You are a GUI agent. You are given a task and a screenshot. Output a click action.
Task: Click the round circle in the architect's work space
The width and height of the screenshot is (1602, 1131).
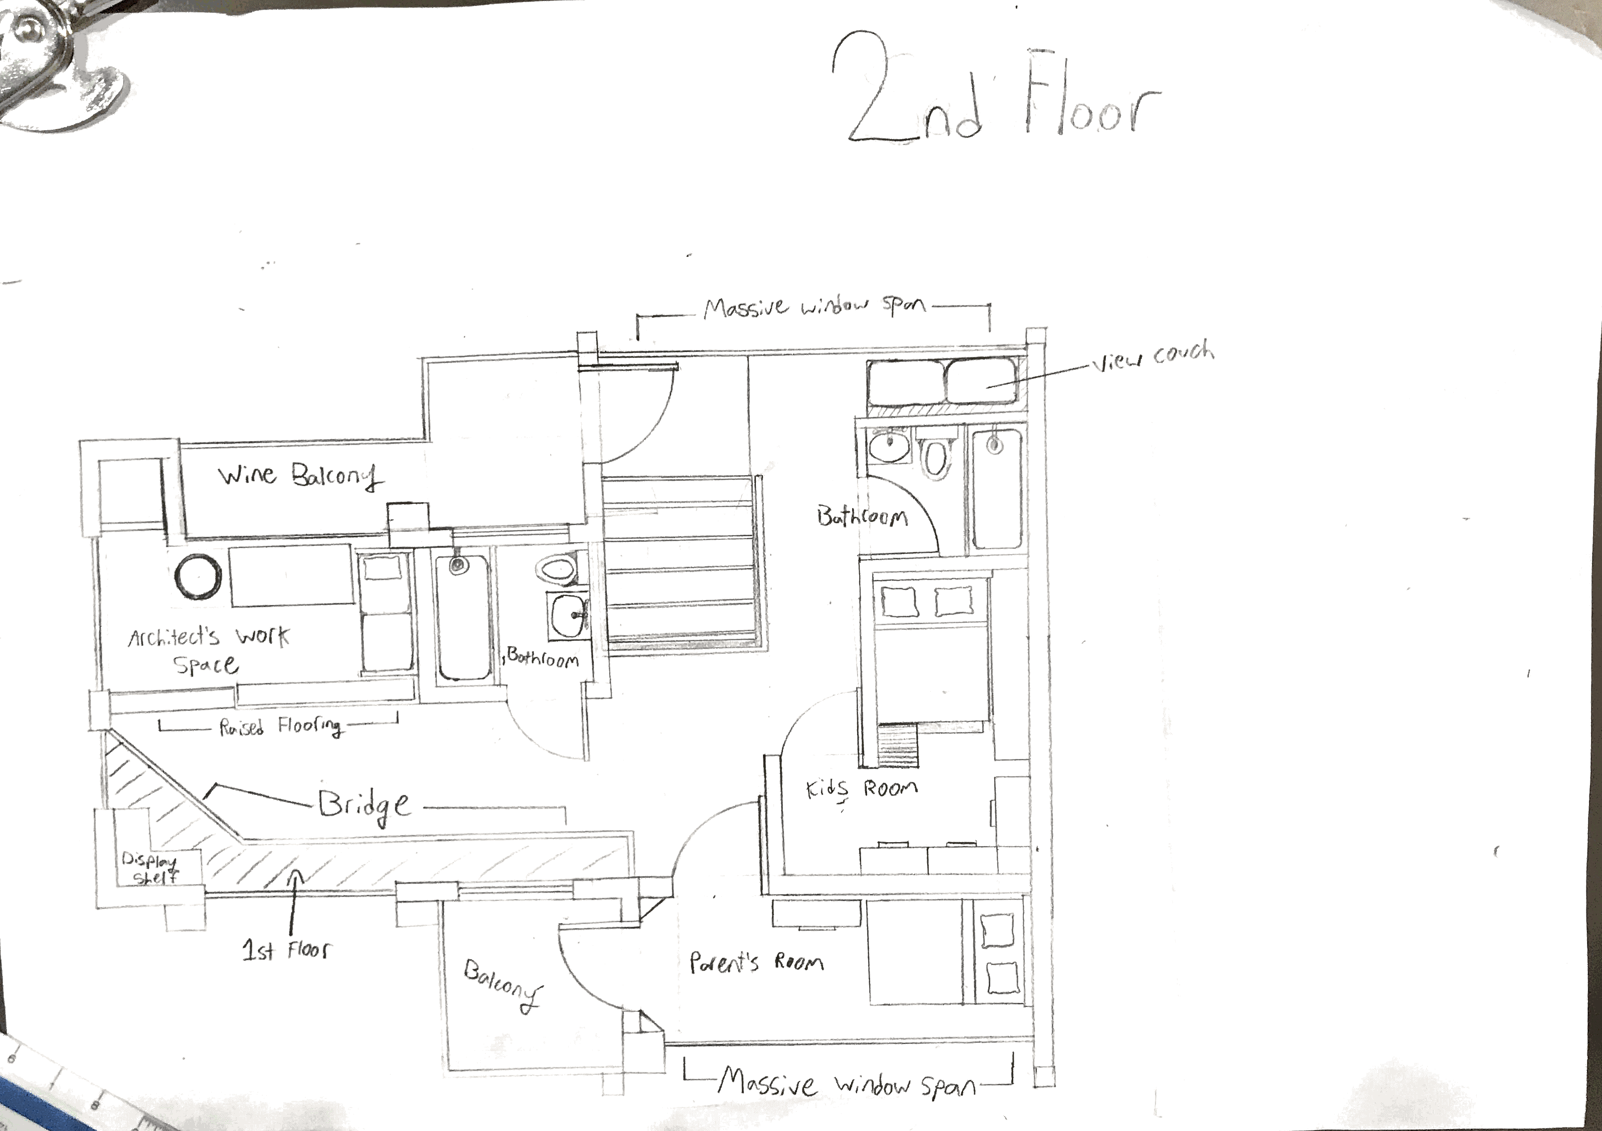coord(198,577)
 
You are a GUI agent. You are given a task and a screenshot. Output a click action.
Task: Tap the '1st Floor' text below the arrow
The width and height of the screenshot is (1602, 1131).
coord(287,950)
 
